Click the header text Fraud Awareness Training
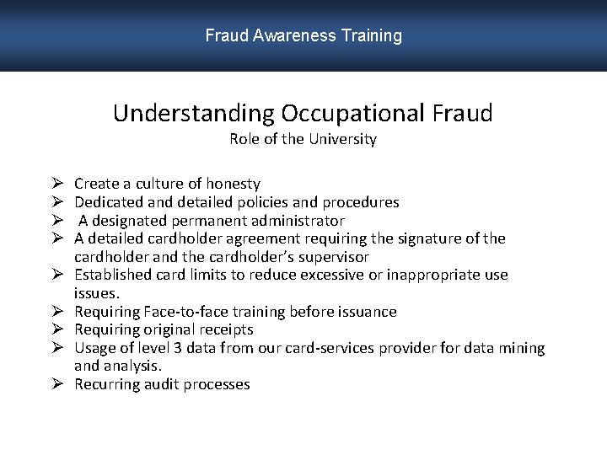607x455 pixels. pyautogui.click(x=303, y=35)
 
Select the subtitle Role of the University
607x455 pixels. pyautogui.click(x=303, y=139)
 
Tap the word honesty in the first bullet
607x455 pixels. pyautogui.click(x=234, y=184)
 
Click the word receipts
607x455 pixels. pyautogui.click(x=223, y=329)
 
